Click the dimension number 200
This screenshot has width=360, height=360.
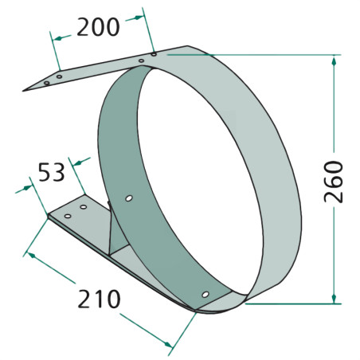tap(98, 27)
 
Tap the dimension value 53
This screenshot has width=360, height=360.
tap(52, 172)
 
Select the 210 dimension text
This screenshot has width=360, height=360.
tap(99, 299)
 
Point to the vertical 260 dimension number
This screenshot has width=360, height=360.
tap(334, 182)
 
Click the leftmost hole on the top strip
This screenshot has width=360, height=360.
tap(47, 83)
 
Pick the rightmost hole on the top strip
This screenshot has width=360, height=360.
tap(154, 54)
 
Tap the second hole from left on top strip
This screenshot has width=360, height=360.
tap(59, 76)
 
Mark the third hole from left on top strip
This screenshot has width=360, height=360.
tap(141, 61)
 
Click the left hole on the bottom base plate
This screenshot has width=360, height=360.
tap(68, 216)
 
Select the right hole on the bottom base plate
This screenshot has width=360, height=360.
tap(84, 207)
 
